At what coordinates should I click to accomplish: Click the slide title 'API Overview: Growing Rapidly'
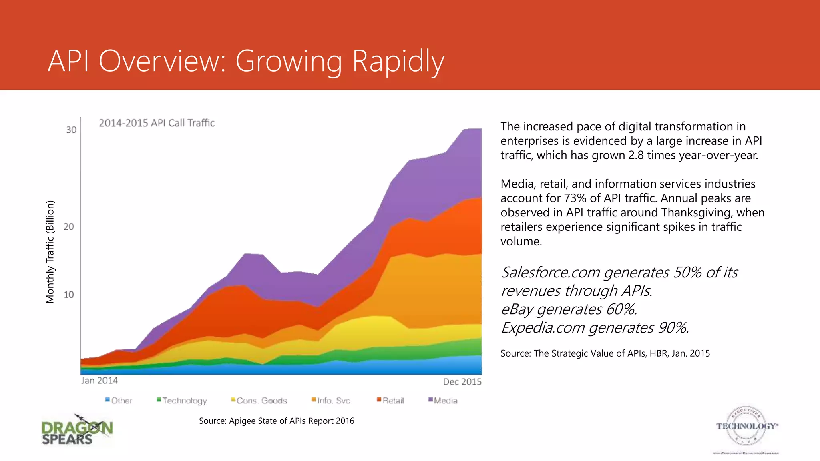pos(246,61)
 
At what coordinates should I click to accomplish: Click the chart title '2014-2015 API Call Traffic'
pos(157,123)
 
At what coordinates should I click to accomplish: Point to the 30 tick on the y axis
pos(71,130)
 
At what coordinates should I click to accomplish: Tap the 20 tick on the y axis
pos(69,226)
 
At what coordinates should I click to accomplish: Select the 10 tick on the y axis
pos(69,295)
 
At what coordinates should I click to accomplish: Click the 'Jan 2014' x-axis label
pos(99,381)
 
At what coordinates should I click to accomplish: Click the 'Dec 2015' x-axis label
pos(462,382)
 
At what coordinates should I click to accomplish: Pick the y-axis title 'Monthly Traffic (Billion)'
pos(50,252)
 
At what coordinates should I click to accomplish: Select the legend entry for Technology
pos(182,401)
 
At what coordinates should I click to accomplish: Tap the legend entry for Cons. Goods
pos(259,401)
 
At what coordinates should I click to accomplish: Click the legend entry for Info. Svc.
pos(332,401)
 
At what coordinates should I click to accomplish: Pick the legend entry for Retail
pos(390,401)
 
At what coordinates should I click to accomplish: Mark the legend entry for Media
pos(443,401)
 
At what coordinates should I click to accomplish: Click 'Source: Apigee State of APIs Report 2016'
pos(276,421)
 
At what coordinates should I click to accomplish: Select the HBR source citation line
pos(605,353)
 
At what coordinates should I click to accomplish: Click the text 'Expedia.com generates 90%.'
pos(595,328)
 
